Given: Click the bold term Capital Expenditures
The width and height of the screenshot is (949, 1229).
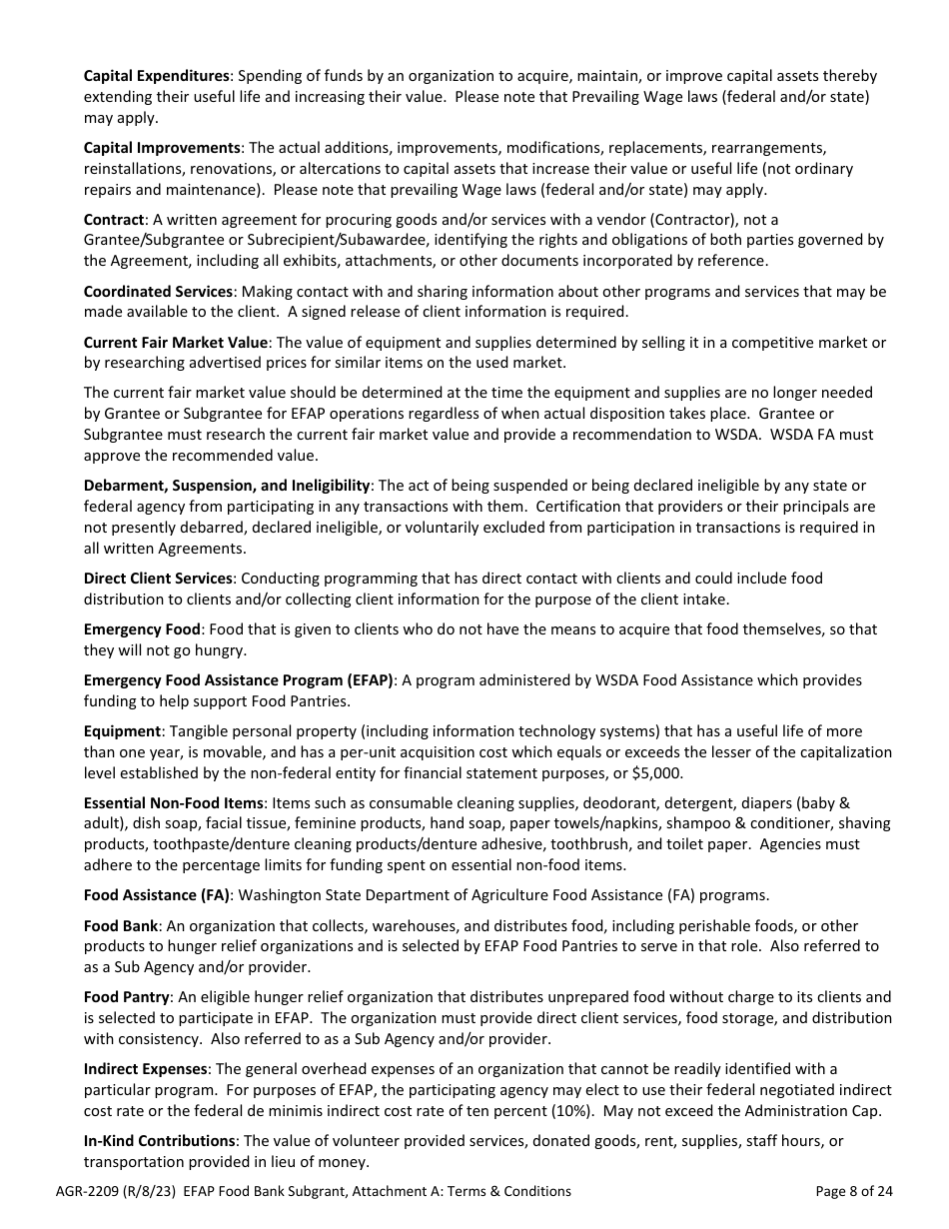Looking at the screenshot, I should [157, 76].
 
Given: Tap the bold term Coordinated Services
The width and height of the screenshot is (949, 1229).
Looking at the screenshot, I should [158, 291].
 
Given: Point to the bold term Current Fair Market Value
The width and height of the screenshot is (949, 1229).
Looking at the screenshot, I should [176, 342].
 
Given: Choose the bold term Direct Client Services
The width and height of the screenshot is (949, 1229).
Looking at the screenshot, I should [158, 579].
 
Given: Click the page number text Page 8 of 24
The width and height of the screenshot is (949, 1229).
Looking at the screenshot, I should [854, 1191].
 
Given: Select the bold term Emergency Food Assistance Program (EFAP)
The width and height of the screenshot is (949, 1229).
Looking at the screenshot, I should [239, 679].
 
